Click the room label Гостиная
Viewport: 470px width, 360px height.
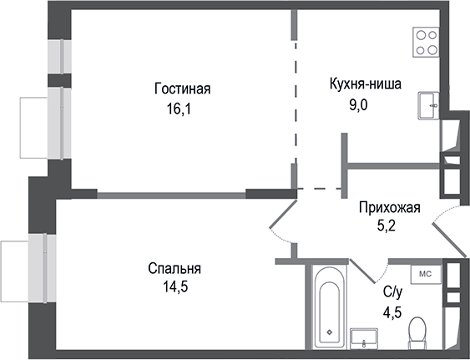[181, 89]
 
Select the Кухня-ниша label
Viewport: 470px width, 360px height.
[364, 84]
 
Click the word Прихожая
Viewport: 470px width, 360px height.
[389, 208]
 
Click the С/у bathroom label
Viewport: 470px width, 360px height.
[392, 292]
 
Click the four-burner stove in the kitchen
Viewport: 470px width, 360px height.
[427, 42]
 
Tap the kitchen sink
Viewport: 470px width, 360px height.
[430, 104]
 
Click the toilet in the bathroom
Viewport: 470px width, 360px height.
[415, 334]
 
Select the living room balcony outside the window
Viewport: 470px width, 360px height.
[32, 125]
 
